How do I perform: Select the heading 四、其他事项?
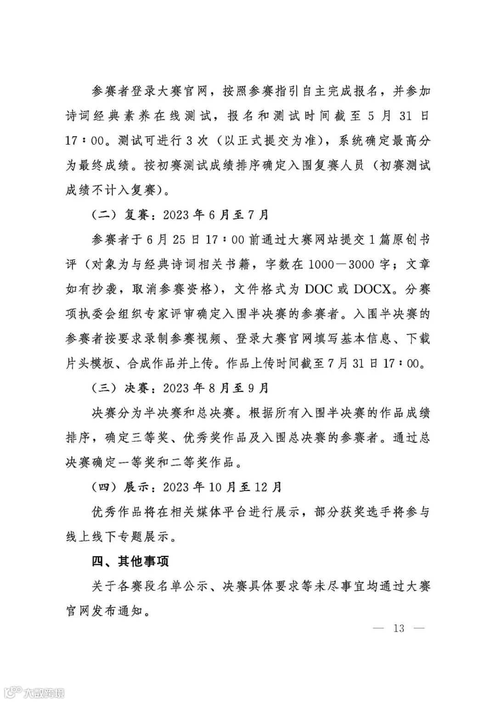point(130,561)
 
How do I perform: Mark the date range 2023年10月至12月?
point(222,487)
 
